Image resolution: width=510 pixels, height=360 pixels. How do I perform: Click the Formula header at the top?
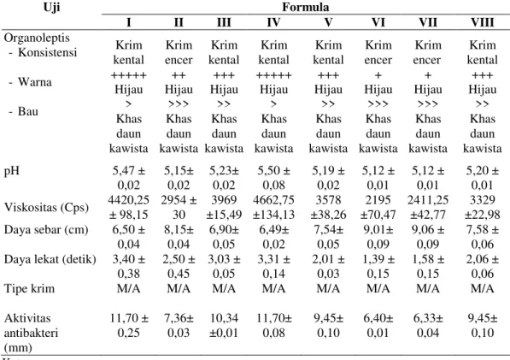(306, 7)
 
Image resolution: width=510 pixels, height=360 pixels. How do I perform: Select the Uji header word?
(52, 7)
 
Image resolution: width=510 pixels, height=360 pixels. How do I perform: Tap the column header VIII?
(483, 22)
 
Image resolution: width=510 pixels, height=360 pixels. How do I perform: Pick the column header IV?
(273, 22)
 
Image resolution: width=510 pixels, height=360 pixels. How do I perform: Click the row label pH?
(12, 171)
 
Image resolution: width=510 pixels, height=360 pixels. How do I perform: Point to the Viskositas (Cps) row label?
(46, 207)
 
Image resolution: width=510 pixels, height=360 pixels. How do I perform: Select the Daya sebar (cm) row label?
(46, 230)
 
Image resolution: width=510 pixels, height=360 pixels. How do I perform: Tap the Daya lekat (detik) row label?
(50, 259)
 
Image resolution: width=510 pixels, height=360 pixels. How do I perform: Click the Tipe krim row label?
(29, 289)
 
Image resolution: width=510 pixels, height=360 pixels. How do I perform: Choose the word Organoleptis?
(37, 38)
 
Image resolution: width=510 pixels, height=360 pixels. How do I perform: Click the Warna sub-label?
(34, 82)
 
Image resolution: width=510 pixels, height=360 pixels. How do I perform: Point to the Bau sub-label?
(28, 111)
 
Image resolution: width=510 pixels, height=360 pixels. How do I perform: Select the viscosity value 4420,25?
(129, 200)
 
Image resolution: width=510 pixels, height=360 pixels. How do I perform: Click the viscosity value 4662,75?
(273, 200)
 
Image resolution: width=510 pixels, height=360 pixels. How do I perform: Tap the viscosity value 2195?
(378, 200)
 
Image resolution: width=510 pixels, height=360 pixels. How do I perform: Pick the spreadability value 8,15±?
(179, 230)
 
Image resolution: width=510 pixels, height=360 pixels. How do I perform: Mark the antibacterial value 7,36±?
(179, 318)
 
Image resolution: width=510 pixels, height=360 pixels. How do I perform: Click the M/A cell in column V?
(328, 289)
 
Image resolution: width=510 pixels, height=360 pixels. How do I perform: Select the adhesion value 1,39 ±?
(378, 259)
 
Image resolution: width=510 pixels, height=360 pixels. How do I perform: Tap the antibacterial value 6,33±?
(428, 318)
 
